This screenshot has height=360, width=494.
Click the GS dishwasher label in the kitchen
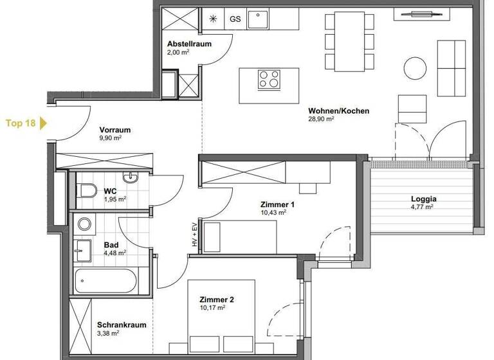coord(235,19)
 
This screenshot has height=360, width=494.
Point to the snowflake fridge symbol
coord(213,19)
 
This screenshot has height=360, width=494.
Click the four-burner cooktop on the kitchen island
coord(270,79)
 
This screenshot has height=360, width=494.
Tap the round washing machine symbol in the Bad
coord(84,224)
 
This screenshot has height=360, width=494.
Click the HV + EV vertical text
coord(194,235)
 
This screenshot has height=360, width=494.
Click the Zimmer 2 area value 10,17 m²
coord(212,307)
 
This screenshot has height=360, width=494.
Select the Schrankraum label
coord(122,325)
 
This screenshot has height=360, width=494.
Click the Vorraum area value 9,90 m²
coord(111,138)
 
